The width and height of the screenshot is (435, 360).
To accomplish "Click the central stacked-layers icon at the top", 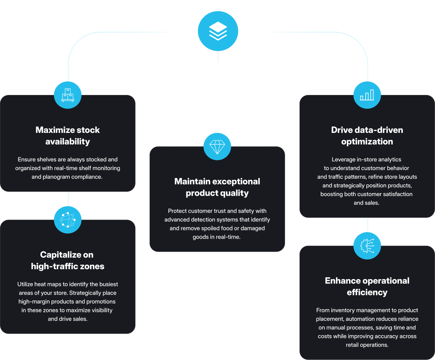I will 218,31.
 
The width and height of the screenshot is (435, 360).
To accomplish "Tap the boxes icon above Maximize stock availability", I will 68,95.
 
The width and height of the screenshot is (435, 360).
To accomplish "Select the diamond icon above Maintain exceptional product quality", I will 217,146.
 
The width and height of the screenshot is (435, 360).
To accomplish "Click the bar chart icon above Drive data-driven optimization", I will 367,95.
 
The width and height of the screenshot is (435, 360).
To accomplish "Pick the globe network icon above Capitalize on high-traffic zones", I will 68,220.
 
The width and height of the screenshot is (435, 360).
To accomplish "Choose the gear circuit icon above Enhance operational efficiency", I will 367,246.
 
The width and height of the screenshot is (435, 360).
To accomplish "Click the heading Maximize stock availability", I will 68,135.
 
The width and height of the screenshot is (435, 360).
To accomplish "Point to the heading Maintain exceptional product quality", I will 217,187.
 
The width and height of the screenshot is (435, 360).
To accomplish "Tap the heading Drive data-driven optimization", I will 367,135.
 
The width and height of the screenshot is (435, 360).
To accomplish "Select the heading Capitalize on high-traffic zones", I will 68,260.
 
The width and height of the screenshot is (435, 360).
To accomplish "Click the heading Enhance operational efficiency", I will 367,286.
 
